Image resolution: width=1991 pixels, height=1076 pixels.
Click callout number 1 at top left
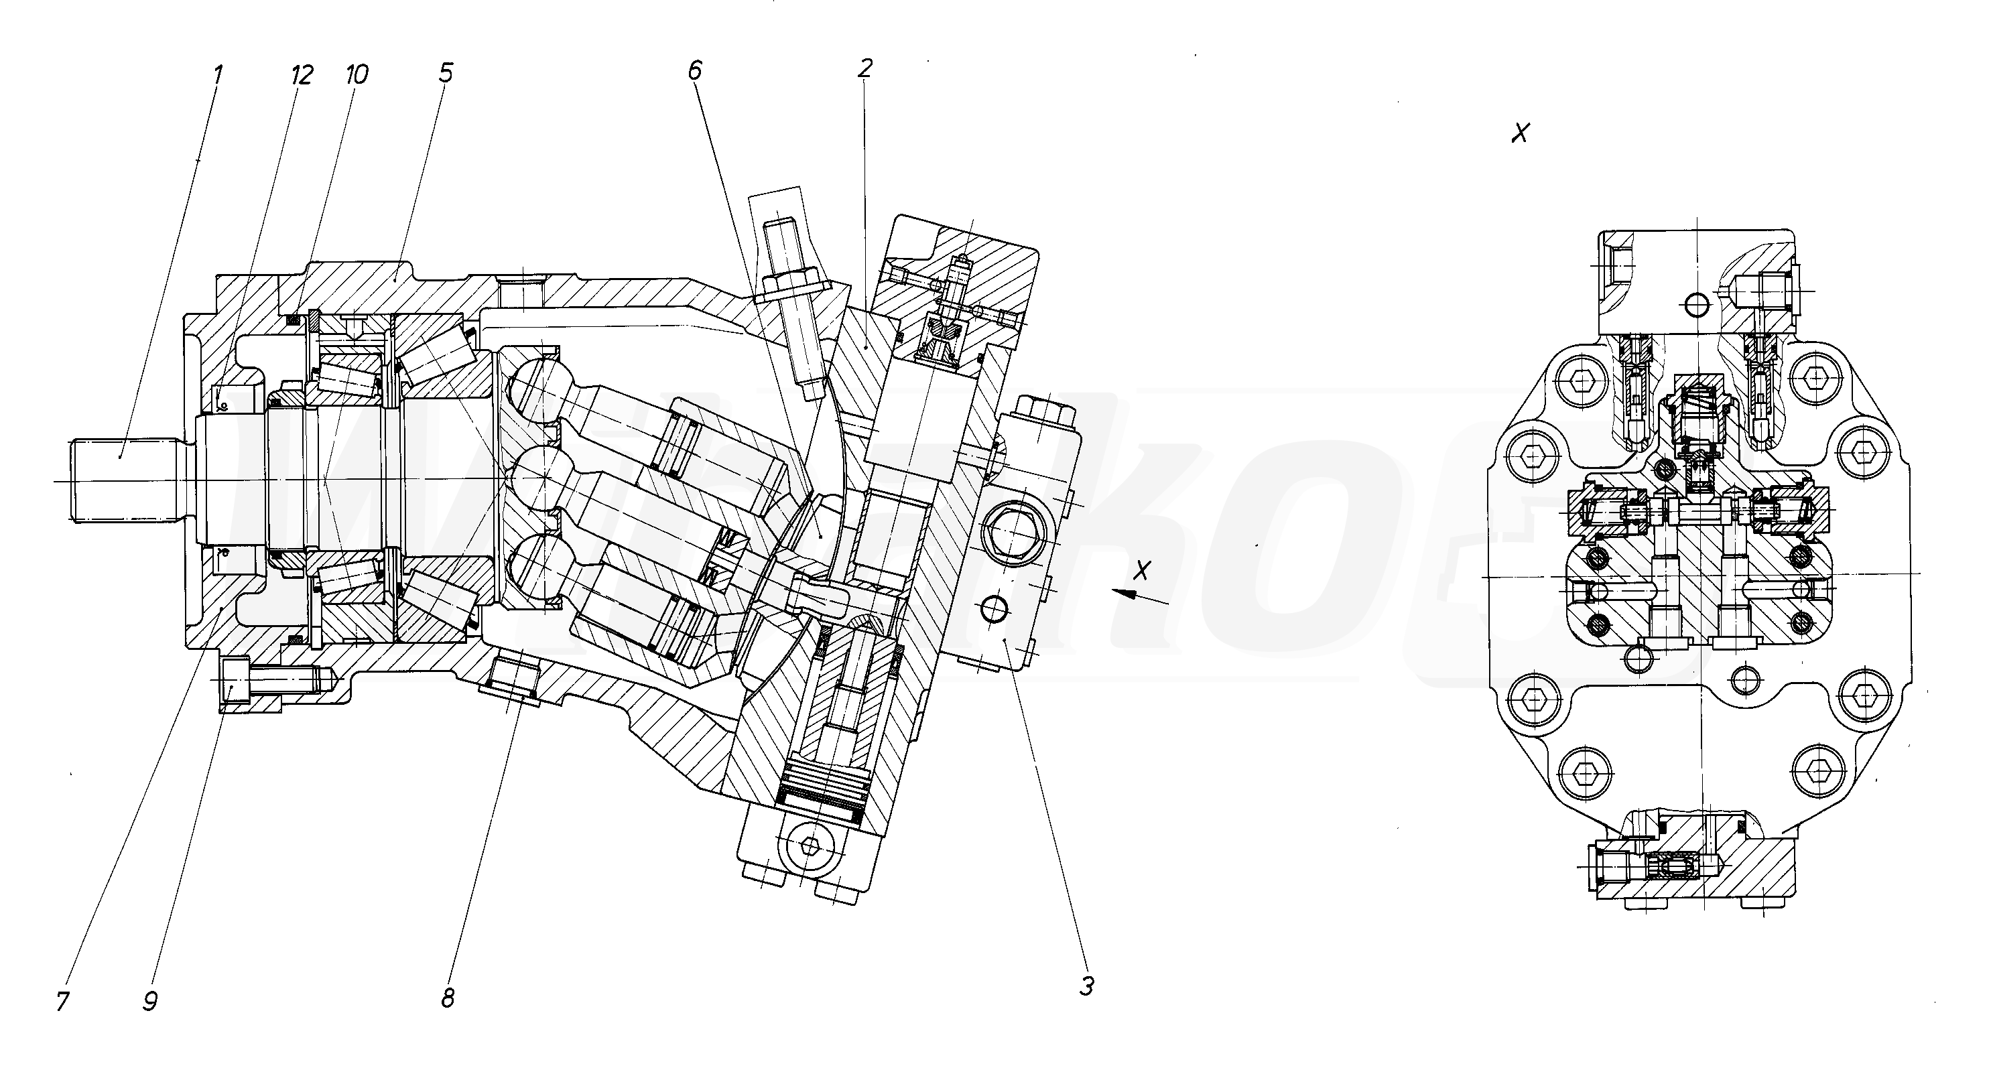(218, 75)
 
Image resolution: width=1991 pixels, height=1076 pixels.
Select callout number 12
(302, 75)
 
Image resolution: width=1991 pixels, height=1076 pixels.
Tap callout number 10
(357, 74)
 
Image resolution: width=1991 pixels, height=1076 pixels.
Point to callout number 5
(445, 74)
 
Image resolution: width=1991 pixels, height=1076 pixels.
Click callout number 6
(695, 70)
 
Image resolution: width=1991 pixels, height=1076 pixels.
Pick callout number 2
(865, 69)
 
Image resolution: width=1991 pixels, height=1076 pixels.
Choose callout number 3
(1087, 986)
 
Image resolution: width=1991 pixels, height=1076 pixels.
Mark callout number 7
(62, 1002)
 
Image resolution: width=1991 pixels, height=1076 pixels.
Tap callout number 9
(150, 1002)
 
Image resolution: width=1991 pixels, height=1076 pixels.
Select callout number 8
(448, 998)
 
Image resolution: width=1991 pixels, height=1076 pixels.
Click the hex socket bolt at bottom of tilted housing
(810, 846)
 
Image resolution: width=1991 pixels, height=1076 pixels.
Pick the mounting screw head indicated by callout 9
(235, 679)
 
